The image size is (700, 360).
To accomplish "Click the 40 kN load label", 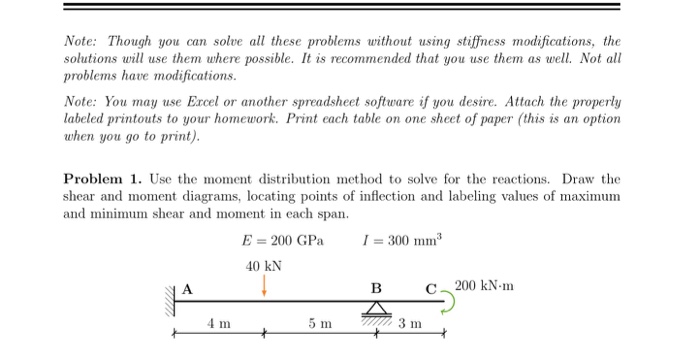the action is [263, 266].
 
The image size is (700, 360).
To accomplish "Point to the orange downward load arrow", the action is [264, 286].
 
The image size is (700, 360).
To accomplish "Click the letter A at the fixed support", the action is [186, 289].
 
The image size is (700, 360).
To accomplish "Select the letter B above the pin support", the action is [376, 289].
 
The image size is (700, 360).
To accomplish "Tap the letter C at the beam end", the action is [430, 289].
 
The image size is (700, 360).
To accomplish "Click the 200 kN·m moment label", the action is [484, 286].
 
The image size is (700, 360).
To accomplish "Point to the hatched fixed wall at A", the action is [171, 299].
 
